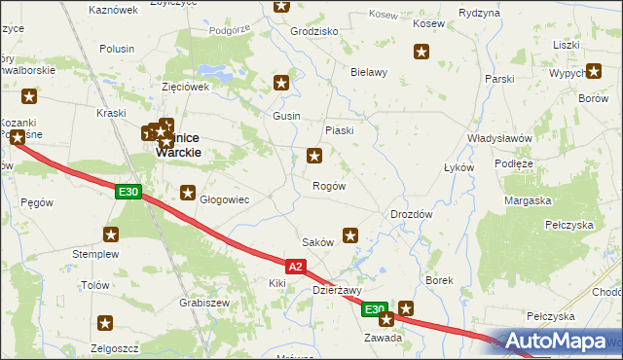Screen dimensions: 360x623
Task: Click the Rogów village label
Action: pyautogui.click(x=328, y=186)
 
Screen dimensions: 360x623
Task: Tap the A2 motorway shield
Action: pyautogui.click(x=298, y=265)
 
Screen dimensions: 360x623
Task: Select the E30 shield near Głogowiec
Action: pyautogui.click(x=127, y=192)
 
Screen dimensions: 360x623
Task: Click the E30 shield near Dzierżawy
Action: pyautogui.click(x=375, y=309)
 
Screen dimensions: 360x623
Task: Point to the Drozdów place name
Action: pyautogui.click(x=411, y=213)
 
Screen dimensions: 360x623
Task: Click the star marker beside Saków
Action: pyautogui.click(x=350, y=234)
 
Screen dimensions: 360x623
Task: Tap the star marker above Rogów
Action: pyautogui.click(x=314, y=155)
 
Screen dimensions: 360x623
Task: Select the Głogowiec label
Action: pyautogui.click(x=225, y=199)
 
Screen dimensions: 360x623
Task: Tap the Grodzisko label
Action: pyautogui.click(x=314, y=31)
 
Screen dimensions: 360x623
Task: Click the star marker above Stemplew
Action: pyautogui.click(x=111, y=234)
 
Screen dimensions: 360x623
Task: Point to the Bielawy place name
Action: pyautogui.click(x=369, y=72)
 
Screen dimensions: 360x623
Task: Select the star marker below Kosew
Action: pyautogui.click(x=421, y=53)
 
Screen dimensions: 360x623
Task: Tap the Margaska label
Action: pyautogui.click(x=528, y=200)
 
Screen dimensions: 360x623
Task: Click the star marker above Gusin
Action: pyautogui.click(x=283, y=84)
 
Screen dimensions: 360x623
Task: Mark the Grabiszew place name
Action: pyautogui.click(x=203, y=302)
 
